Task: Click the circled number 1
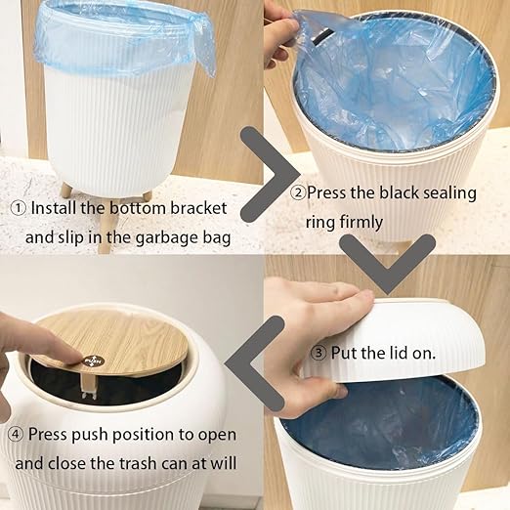18,208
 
